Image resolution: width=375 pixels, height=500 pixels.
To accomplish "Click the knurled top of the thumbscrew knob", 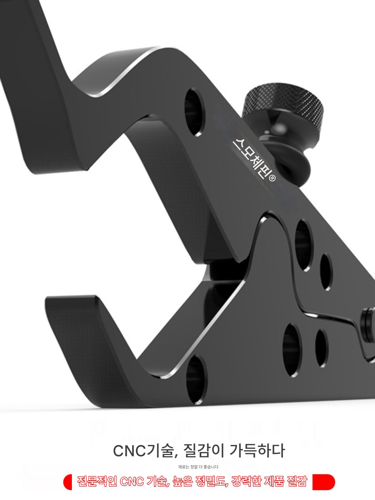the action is coord(283,102).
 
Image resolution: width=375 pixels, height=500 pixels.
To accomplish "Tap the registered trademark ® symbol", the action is coord(272,178).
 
